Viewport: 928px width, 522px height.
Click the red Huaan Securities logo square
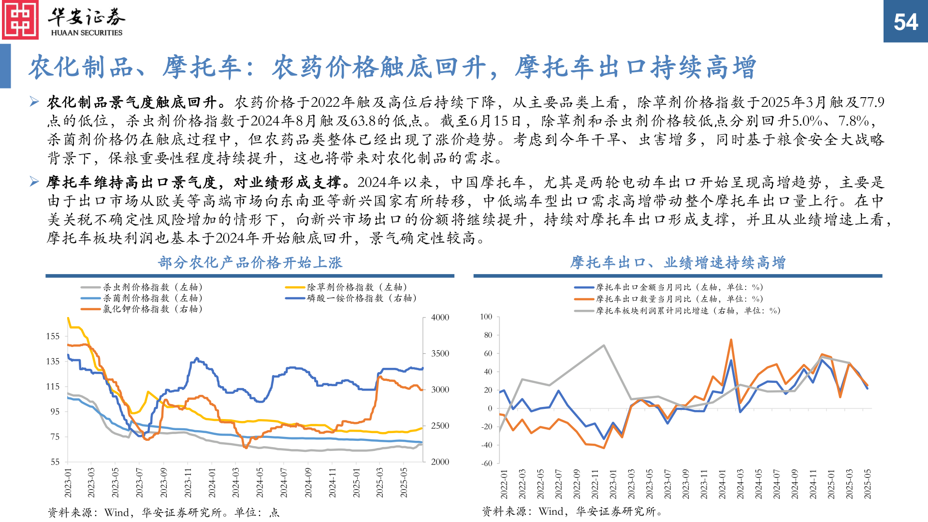[20, 20]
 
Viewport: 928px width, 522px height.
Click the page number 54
[905, 22]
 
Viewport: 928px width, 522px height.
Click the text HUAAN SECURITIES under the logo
[87, 33]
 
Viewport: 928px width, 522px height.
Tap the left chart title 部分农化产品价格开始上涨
[250, 262]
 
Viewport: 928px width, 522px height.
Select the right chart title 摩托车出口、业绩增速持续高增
[678, 262]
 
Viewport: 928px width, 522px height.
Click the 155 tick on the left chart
[53, 336]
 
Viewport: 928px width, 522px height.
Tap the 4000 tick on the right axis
[440, 317]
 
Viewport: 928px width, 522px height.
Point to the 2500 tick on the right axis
[440, 426]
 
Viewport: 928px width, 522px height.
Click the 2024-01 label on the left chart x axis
[212, 482]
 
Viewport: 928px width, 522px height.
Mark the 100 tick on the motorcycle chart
[486, 317]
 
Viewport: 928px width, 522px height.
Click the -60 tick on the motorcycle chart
[487, 463]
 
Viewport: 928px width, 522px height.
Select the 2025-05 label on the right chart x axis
[868, 483]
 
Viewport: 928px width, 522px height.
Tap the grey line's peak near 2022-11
[604, 346]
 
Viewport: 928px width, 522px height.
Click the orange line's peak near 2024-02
[731, 340]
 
